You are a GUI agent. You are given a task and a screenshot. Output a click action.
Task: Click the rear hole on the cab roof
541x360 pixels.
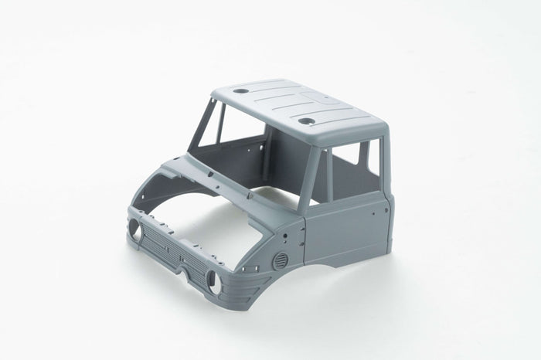(241, 90)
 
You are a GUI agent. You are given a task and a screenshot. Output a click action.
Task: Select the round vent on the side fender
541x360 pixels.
(281, 260)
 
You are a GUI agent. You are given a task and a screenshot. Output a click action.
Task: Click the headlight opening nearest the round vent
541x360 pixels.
(216, 284)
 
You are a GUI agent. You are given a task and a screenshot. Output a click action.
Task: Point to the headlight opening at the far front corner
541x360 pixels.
(135, 229)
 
